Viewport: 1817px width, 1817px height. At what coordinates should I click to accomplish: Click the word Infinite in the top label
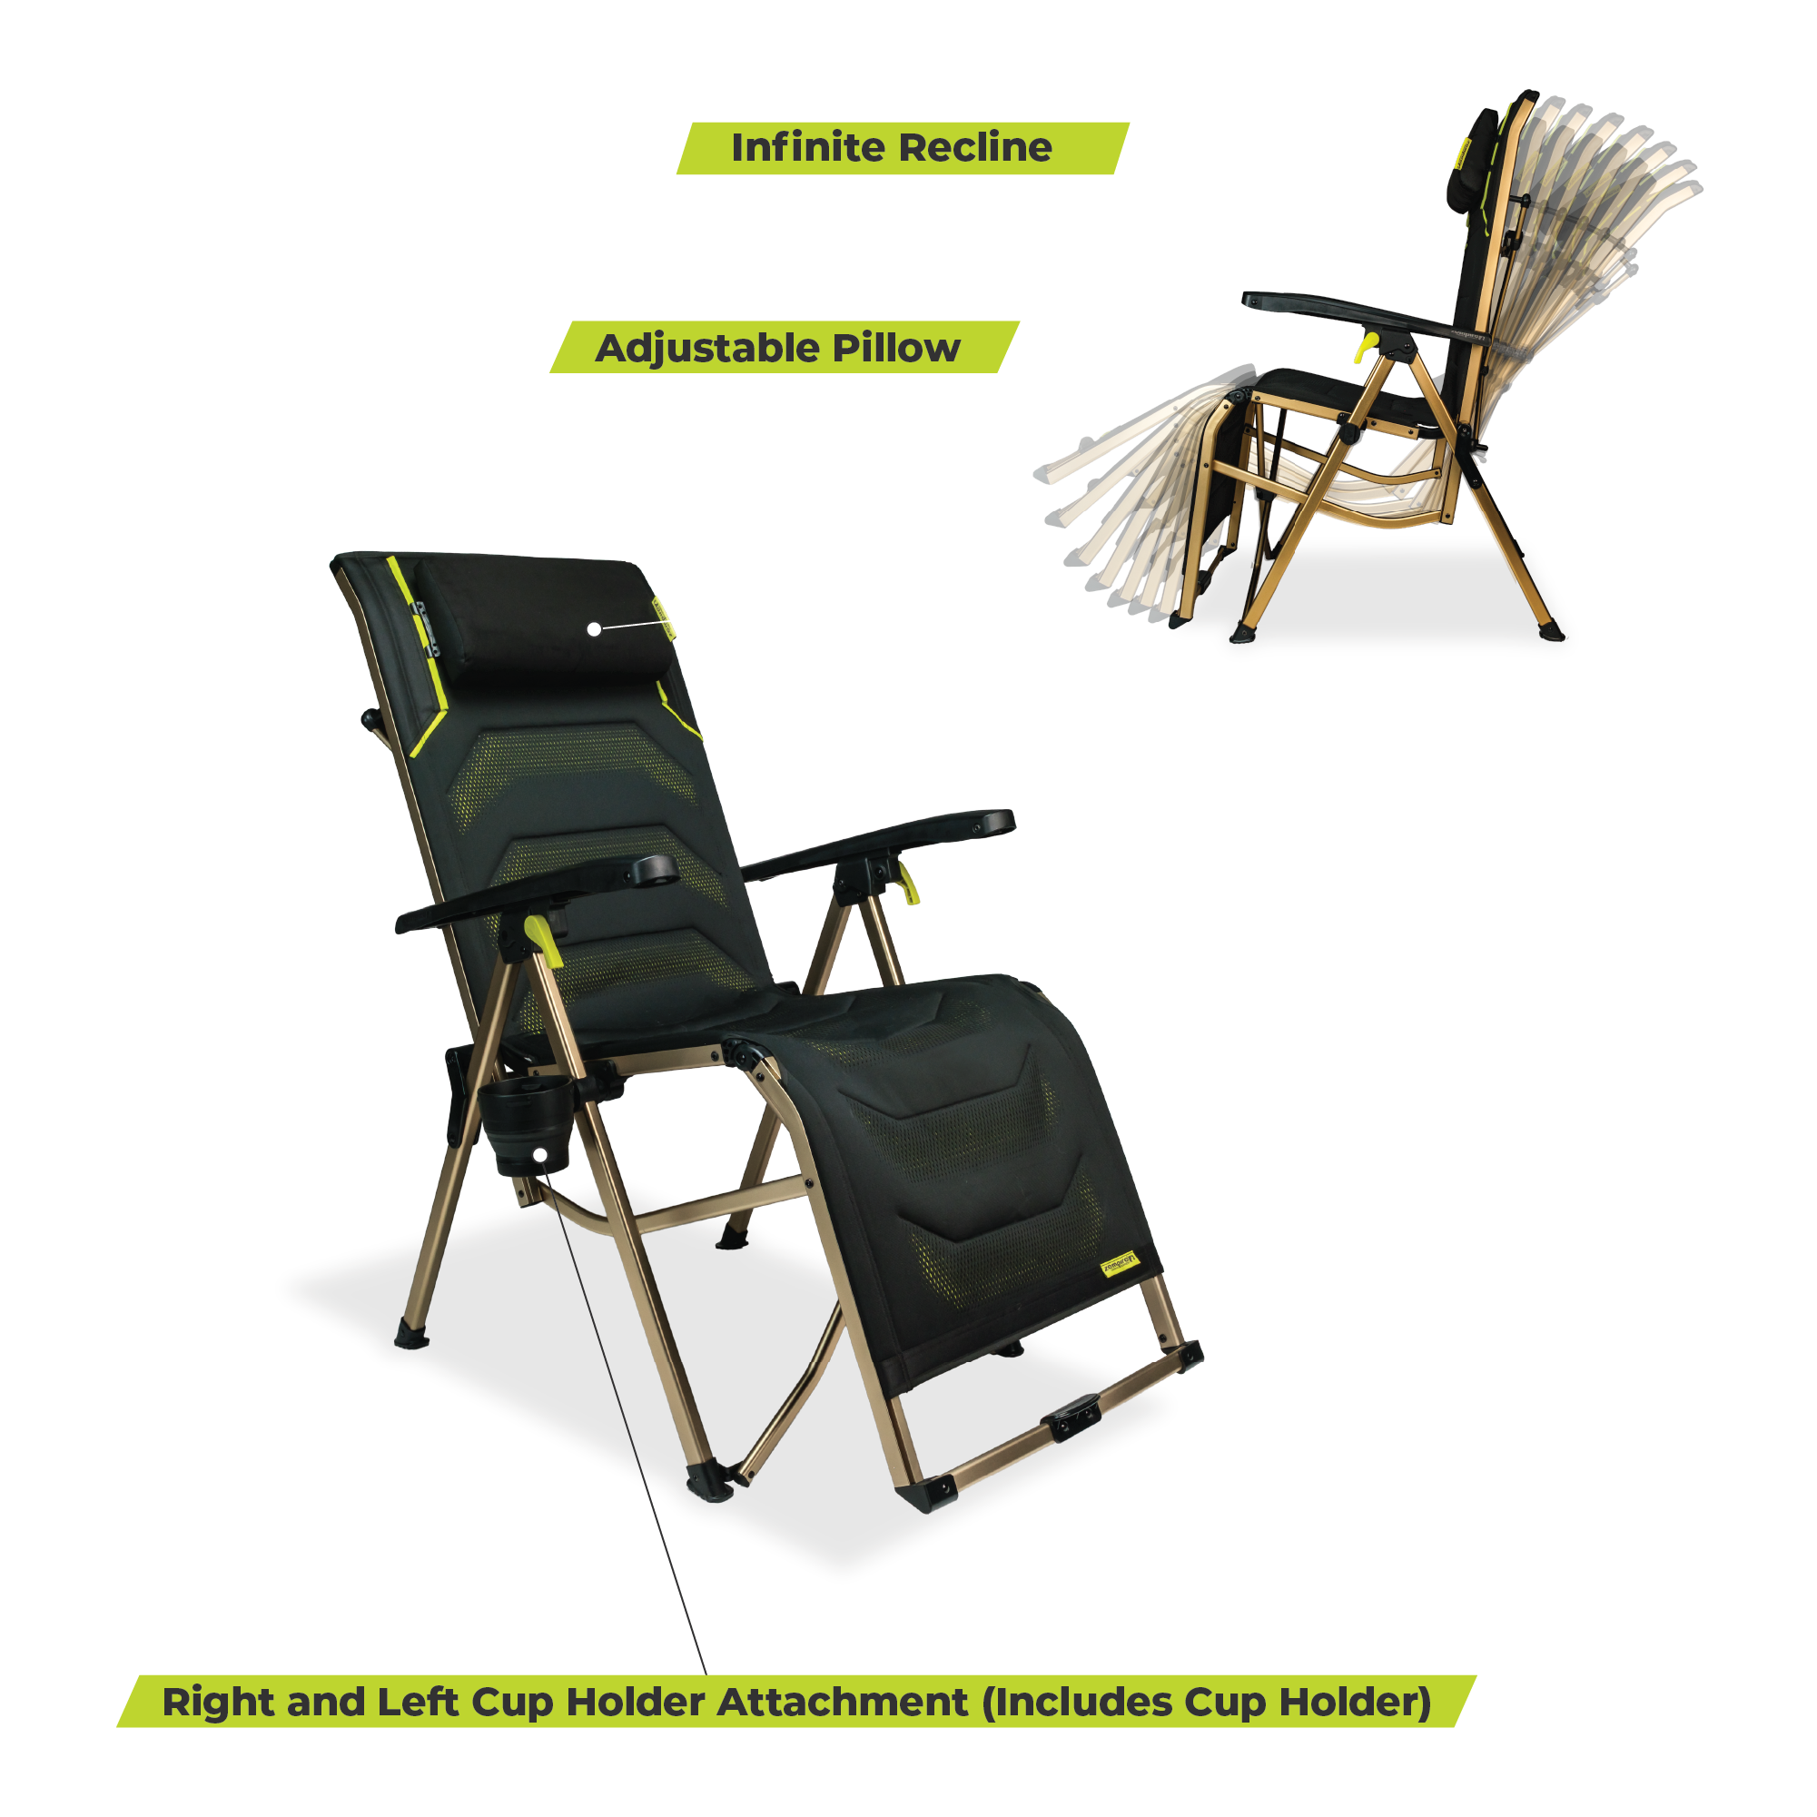click(807, 148)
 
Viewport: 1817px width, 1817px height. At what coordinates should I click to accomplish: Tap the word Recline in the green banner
click(974, 148)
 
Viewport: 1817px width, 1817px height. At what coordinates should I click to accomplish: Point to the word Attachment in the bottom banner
click(842, 1703)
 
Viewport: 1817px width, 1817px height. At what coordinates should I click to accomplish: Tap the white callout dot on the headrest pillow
click(595, 629)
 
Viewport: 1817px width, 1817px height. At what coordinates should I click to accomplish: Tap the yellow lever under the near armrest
click(546, 941)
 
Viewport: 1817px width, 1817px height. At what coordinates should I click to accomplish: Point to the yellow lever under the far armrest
click(905, 884)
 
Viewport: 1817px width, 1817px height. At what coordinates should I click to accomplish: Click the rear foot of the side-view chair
click(1550, 629)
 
